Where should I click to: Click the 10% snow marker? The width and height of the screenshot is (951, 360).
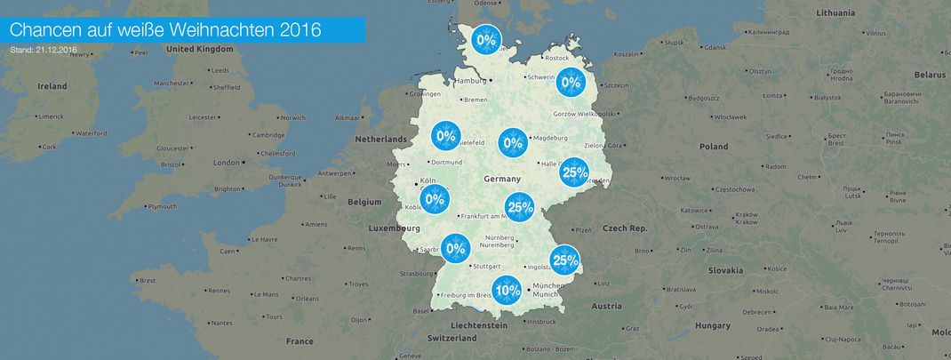click(x=507, y=290)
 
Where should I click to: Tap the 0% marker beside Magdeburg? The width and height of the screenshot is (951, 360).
click(x=513, y=142)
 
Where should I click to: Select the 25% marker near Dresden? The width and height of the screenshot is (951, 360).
click(x=574, y=172)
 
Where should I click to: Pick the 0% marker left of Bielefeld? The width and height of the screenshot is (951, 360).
click(x=445, y=137)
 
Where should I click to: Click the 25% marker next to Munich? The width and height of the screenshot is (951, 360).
click(x=565, y=260)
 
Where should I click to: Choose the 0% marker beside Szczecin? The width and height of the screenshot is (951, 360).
click(x=571, y=83)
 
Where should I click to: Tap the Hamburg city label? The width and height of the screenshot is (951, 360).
click(x=471, y=81)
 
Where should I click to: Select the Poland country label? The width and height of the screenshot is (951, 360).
click(x=713, y=147)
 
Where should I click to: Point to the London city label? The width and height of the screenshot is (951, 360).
click(x=227, y=163)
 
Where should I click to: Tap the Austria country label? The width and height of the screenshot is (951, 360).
click(x=607, y=306)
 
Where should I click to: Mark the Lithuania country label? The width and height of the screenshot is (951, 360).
click(x=835, y=13)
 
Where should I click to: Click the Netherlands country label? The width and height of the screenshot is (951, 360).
click(x=380, y=140)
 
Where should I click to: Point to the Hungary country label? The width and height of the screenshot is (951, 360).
click(x=712, y=326)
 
